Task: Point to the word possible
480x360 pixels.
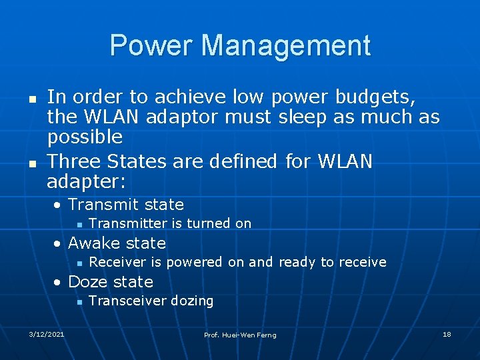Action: click(x=85, y=137)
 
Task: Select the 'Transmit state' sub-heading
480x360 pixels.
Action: click(x=125, y=205)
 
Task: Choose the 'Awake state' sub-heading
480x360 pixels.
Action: click(x=117, y=243)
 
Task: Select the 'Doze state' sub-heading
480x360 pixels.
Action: click(x=110, y=282)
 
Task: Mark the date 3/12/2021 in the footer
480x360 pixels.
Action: click(x=47, y=333)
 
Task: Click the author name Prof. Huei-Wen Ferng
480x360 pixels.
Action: click(x=240, y=334)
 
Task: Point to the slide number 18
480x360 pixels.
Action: click(x=447, y=333)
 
